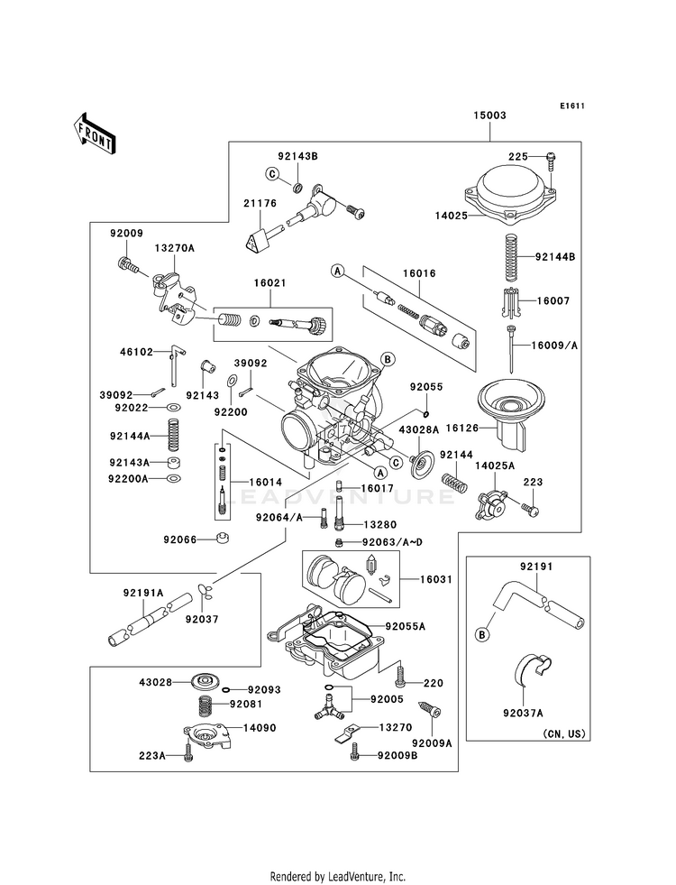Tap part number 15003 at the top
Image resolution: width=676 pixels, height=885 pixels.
point(489,115)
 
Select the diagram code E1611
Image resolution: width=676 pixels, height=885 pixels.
point(571,105)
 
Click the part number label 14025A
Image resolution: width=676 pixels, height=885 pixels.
point(495,466)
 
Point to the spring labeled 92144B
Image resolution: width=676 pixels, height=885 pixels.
point(510,257)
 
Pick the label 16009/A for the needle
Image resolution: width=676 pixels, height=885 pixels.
point(555,346)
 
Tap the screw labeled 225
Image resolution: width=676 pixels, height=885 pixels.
point(552,161)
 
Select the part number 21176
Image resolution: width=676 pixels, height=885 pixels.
point(260,203)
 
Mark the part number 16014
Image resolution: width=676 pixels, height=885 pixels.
point(266,483)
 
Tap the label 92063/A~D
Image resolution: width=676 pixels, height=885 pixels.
point(392,542)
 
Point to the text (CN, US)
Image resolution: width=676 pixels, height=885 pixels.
point(564,734)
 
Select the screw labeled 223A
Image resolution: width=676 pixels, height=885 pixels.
point(187,754)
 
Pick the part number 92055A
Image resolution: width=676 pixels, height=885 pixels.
point(406,626)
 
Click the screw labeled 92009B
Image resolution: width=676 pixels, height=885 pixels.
point(354,751)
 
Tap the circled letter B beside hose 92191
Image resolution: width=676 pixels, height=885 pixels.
point(481,635)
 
